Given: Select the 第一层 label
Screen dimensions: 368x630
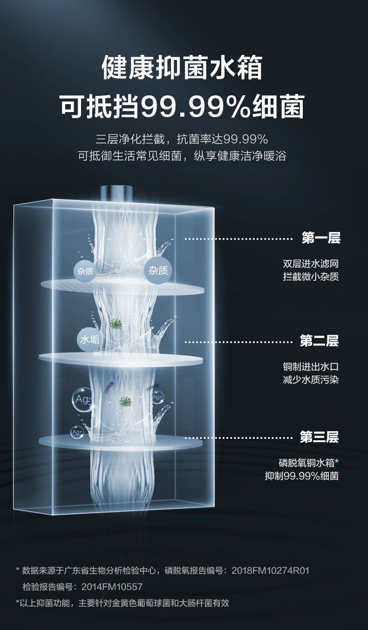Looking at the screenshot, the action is [x=321, y=239].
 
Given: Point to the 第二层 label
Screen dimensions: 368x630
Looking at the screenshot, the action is [x=319, y=341].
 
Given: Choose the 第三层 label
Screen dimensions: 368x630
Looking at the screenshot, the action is [x=319, y=437].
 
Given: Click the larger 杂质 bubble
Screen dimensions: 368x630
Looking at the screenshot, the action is [x=158, y=271].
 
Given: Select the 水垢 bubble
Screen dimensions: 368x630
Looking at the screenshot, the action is [x=89, y=339].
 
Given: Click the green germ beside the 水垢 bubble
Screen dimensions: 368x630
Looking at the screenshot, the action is [x=116, y=324].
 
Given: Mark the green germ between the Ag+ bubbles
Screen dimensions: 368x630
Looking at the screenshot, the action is [x=125, y=401].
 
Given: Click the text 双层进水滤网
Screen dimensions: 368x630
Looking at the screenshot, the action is [x=310, y=264].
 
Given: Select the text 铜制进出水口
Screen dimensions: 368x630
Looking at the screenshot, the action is [x=310, y=366].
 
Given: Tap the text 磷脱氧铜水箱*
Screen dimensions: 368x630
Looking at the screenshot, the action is [x=308, y=463].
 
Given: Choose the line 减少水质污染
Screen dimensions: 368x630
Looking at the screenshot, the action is [x=310, y=380].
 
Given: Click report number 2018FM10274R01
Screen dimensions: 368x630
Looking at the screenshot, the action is [x=270, y=570].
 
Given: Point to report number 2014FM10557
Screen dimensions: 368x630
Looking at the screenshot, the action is [x=112, y=587].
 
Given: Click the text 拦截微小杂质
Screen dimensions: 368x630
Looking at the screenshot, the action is [x=310, y=277].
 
